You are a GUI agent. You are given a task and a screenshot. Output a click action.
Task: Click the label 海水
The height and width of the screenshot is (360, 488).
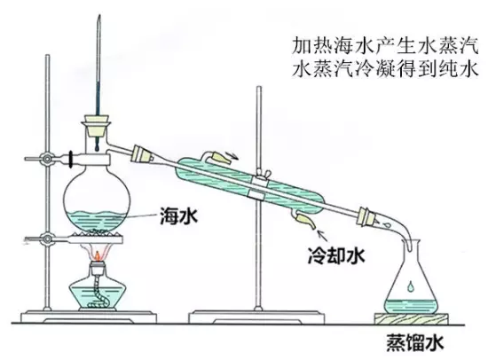(178, 215)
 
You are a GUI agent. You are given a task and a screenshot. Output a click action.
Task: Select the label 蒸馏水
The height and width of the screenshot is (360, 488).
(414, 343)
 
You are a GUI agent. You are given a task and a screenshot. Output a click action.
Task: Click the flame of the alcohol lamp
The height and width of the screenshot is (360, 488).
(98, 255)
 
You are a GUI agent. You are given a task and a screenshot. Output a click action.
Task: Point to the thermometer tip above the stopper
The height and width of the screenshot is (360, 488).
(98, 16)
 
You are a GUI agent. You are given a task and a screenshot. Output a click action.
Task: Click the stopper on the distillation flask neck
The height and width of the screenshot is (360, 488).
(97, 125)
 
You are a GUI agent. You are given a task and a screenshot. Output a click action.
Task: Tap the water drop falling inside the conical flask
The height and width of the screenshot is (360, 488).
(412, 286)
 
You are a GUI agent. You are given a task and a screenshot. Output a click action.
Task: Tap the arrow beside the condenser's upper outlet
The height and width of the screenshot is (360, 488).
(233, 156)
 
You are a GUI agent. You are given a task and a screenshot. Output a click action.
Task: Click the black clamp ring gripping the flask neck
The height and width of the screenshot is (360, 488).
(71, 159)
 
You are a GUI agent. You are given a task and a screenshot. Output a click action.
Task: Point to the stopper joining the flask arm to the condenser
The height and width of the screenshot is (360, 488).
(141, 153)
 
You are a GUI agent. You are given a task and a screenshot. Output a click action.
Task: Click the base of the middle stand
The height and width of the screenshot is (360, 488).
(256, 317)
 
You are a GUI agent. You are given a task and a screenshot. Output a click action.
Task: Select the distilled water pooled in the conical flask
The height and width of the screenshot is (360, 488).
(409, 306)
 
